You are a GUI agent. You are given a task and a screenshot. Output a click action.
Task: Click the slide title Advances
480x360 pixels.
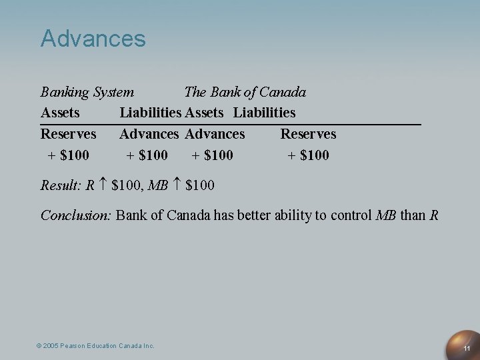(93, 38)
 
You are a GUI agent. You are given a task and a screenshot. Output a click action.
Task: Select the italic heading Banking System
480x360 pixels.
(87, 92)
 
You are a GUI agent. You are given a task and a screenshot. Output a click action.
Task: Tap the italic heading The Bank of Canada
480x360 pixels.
(245, 92)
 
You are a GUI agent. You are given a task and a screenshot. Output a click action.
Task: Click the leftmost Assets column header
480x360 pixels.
(60, 113)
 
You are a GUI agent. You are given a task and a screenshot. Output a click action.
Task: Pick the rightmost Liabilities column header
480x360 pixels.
(264, 113)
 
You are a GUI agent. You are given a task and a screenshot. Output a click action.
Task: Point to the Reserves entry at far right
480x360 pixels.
(308, 134)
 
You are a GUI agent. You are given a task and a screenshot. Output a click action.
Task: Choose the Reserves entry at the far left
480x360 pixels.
(68, 134)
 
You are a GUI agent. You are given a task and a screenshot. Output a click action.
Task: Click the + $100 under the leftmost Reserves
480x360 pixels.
(69, 155)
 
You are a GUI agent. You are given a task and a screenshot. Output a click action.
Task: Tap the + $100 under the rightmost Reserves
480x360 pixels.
(308, 155)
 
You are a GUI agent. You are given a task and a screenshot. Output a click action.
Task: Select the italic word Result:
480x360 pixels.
(61, 185)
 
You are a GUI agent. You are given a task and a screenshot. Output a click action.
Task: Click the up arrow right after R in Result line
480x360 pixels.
(103, 185)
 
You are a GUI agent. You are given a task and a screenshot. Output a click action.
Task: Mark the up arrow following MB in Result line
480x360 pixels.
(177, 185)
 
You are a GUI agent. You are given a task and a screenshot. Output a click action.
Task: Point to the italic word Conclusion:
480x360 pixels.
(76, 215)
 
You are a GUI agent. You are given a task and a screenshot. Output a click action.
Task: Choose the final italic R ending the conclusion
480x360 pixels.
(434, 215)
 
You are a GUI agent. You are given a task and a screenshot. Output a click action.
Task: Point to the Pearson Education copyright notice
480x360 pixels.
(95, 345)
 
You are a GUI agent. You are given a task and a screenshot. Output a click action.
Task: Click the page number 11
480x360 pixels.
(467, 349)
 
